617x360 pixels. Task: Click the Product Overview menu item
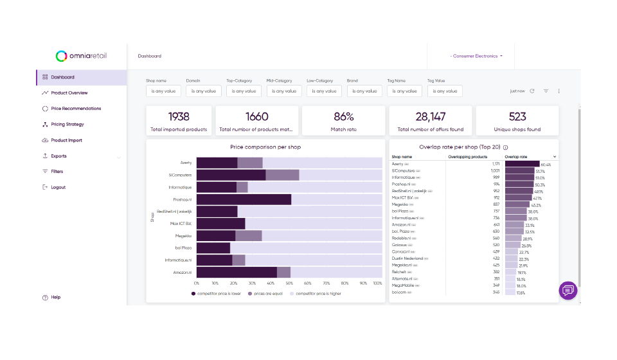coord(69,93)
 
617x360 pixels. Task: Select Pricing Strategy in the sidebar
coord(67,125)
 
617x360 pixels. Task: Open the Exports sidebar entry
coord(58,156)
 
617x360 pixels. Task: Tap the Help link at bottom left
coord(55,298)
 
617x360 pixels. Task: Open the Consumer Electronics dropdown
coord(476,57)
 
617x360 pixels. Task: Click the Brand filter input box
coord(365,91)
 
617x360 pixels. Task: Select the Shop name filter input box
coord(164,91)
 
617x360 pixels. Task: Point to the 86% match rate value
coord(344,117)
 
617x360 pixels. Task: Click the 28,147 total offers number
coord(430,117)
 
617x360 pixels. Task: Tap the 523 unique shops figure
coord(517,117)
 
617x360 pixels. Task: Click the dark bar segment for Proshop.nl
coord(244,199)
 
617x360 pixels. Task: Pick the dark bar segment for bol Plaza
coord(213,248)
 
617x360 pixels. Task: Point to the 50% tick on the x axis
coord(289,283)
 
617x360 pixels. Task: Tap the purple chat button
coord(568,291)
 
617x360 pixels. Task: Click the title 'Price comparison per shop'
coord(265,147)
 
